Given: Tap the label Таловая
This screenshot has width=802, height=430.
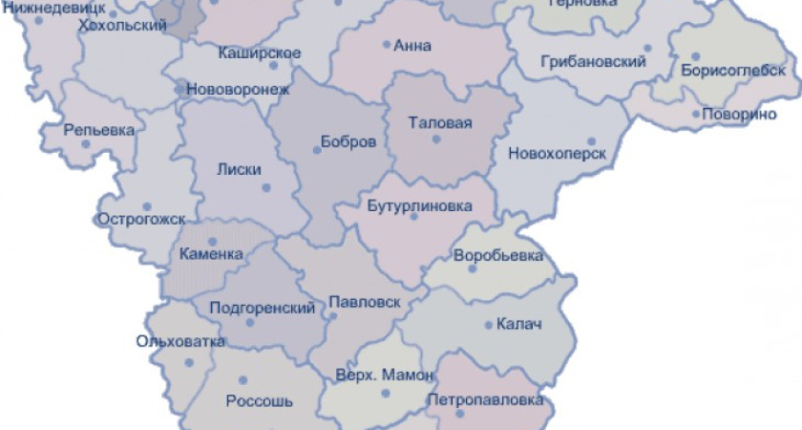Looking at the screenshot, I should point(434,122).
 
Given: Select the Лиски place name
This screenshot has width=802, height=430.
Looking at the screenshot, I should point(239,169).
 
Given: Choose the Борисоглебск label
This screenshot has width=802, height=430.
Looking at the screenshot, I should point(733,71).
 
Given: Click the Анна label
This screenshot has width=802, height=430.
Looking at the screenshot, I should point(412,45).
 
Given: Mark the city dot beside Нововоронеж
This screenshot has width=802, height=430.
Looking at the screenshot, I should point(179,89).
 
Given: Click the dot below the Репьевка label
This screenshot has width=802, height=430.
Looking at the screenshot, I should point(86,144).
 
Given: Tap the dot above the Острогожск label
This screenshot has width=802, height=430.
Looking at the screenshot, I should point(147,205).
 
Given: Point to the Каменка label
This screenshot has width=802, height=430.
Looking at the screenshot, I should point(211,254).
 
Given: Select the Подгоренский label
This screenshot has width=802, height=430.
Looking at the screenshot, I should point(262,308).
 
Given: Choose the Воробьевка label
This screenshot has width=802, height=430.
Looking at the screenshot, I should point(498,255).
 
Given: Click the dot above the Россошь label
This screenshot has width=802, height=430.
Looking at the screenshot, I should point(243,380).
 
